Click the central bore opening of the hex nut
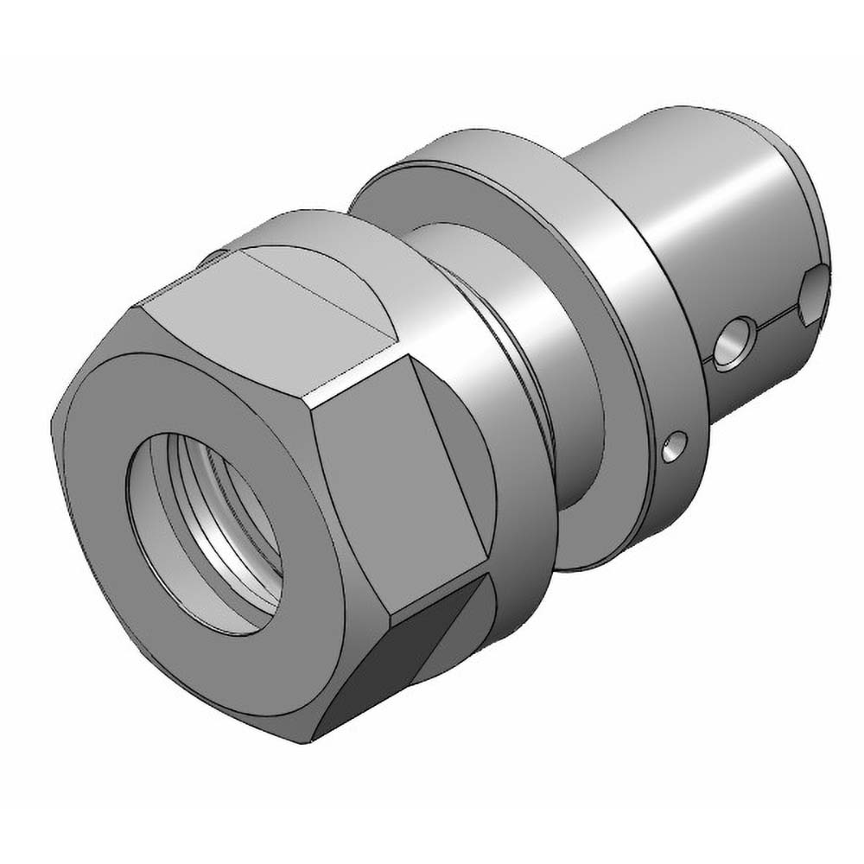point(207,536)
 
